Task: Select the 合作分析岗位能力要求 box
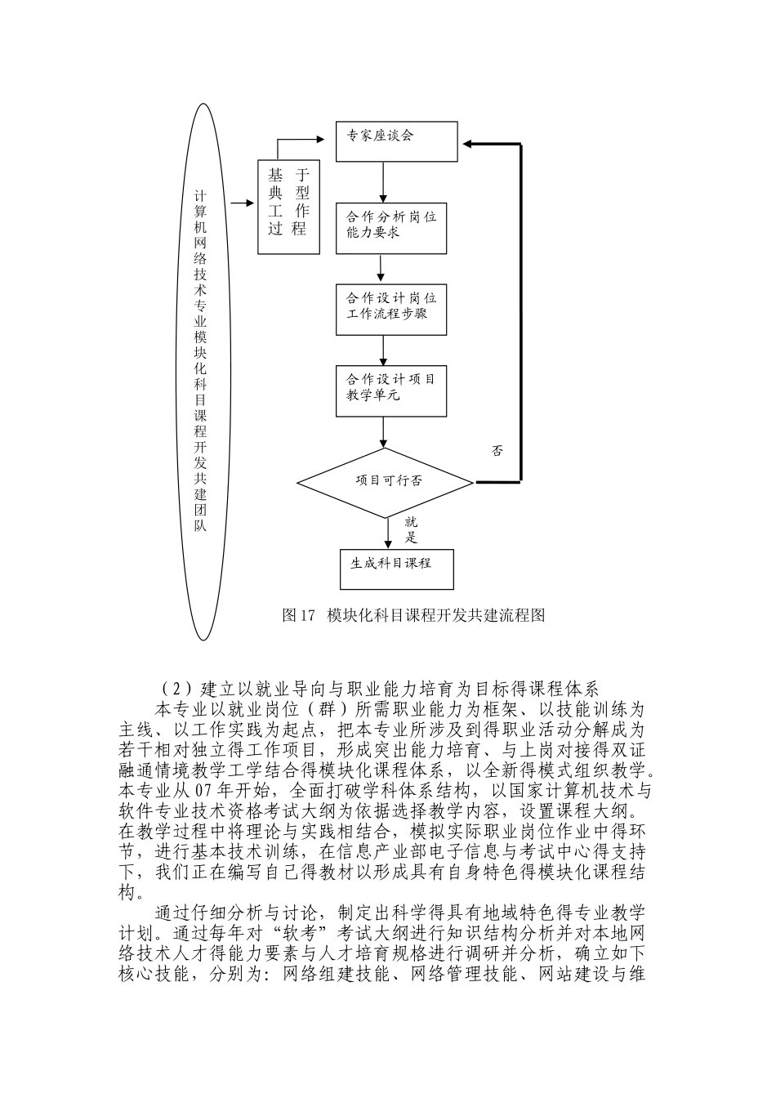point(391,226)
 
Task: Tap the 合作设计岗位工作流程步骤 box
point(391,308)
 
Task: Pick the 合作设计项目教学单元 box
point(391,390)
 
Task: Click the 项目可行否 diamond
point(384,481)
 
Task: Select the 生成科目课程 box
point(396,566)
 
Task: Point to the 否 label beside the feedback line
point(497,451)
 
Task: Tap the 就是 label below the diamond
point(411,529)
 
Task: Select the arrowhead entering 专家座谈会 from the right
point(469,145)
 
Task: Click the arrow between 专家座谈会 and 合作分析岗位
point(383,181)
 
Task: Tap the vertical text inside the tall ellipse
point(200,359)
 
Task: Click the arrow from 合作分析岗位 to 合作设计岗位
point(381,268)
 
